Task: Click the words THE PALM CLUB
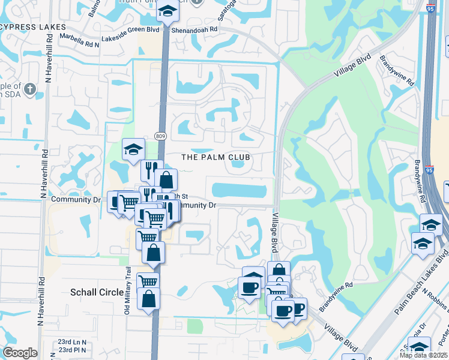click(215, 157)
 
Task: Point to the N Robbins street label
click(435, 298)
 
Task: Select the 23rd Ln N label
click(72, 342)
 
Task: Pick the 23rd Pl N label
click(72, 350)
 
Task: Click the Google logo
click(20, 353)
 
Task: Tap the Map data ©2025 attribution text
click(423, 355)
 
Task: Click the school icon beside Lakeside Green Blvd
click(167, 11)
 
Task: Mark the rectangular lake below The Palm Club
click(240, 191)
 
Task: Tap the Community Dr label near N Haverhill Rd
click(75, 200)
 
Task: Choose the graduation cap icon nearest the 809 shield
click(133, 149)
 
